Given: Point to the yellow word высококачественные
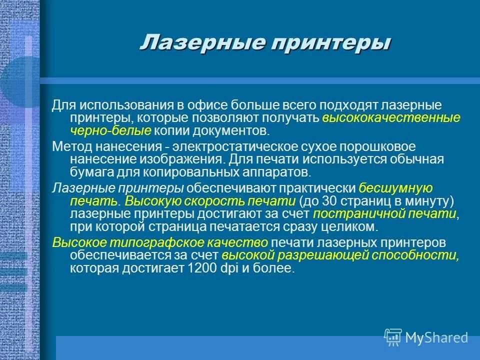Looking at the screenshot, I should click(391, 118).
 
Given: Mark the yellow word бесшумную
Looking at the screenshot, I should click(395, 188).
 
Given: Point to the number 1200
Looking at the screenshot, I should click(199, 268).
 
